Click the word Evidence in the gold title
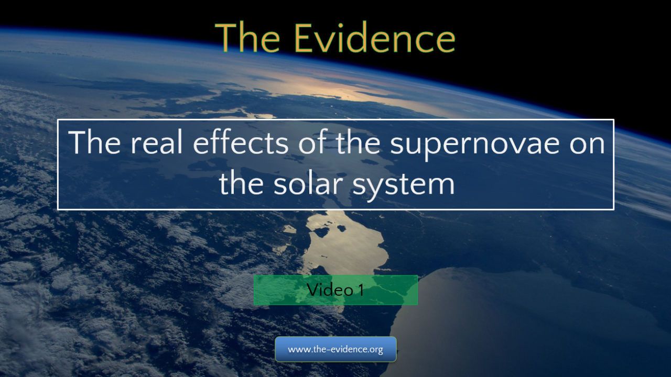tap(375, 38)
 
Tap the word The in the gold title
tap(247, 38)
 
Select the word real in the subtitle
tap(157, 142)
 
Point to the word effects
tap(241, 142)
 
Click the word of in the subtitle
tap(312, 142)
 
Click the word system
tap(404, 186)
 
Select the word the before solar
tap(242, 183)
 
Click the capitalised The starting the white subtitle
tap(95, 142)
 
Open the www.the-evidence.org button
tap(335, 349)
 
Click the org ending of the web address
tap(376, 350)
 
